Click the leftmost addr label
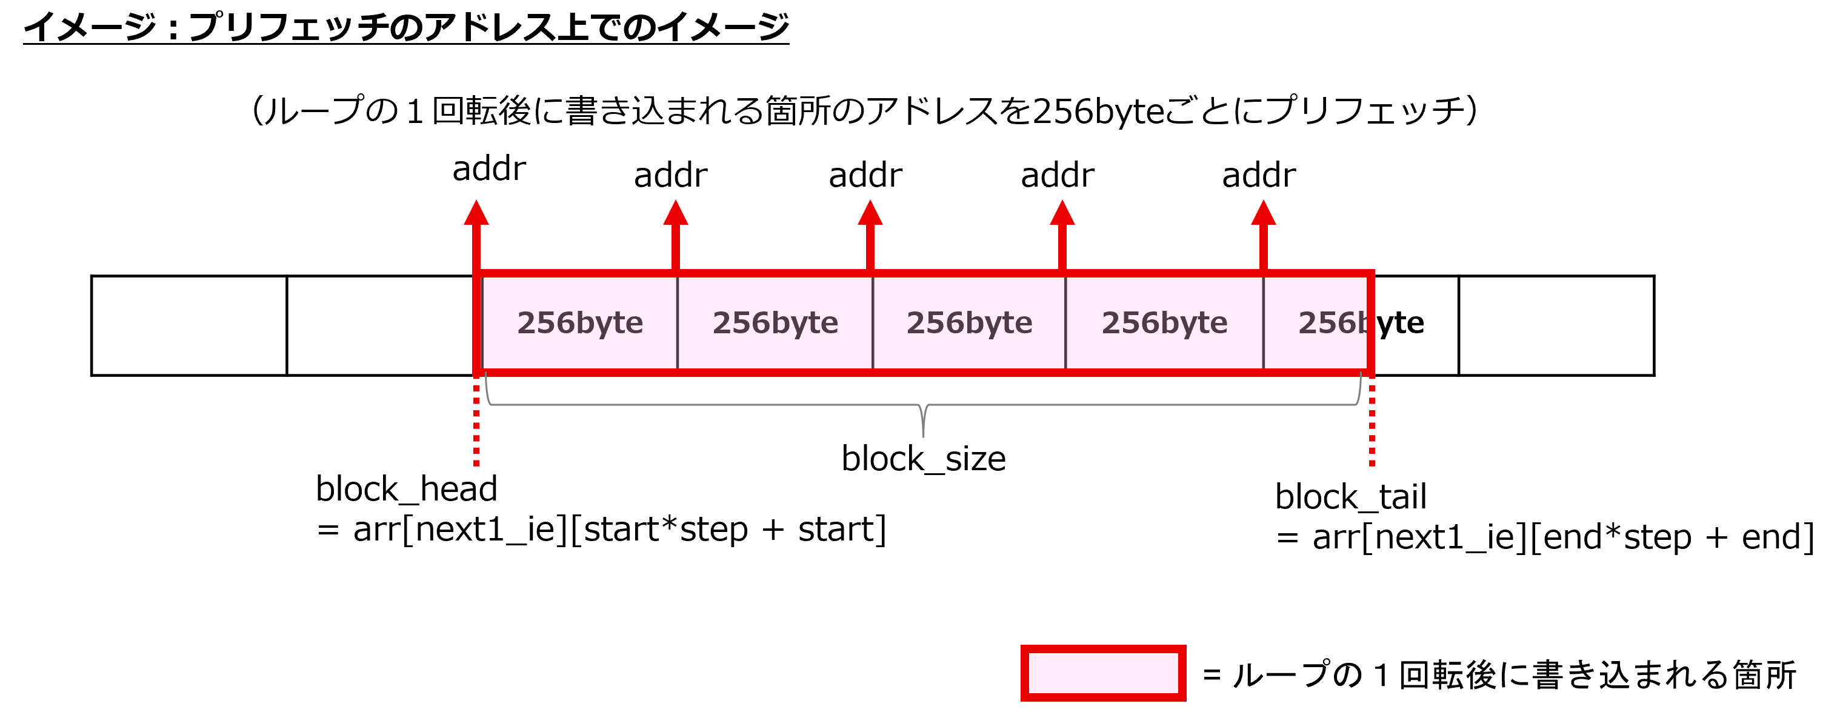coord(489,168)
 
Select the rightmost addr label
coord(1259,175)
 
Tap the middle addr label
coord(865,175)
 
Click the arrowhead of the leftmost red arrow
coord(476,212)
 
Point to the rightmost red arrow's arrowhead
coord(1264,212)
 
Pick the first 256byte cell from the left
coord(580,323)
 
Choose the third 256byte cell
coord(969,323)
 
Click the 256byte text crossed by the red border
coord(1361,323)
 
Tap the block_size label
coord(924,459)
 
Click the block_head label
coord(407,489)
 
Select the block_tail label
coord(1351,497)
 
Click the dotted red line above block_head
coord(476,422)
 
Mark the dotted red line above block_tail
coord(1372,422)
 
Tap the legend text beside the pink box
coord(1499,675)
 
